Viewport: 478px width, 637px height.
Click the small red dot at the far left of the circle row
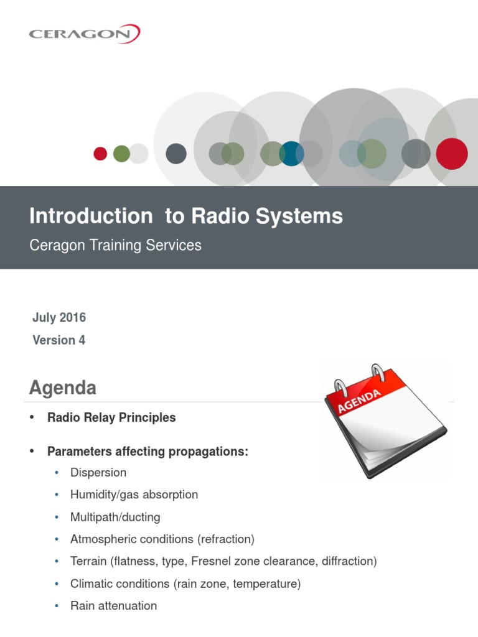[x=100, y=154]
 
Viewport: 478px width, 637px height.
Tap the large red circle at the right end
[x=451, y=154]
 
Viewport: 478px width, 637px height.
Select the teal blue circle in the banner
[x=291, y=154]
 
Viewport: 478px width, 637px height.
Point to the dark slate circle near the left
[x=176, y=154]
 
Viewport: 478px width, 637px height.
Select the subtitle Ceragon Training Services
[x=115, y=245]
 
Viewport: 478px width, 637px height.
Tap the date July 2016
[x=59, y=318]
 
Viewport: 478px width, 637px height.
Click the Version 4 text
[x=59, y=340]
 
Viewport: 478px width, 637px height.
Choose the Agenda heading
[x=63, y=388]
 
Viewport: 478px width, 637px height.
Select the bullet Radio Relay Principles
[x=111, y=418]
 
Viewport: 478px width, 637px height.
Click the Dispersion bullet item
[x=98, y=473]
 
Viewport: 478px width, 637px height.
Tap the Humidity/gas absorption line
[x=134, y=495]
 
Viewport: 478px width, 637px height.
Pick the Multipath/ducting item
[x=115, y=518]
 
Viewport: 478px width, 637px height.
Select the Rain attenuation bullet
[x=113, y=606]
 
